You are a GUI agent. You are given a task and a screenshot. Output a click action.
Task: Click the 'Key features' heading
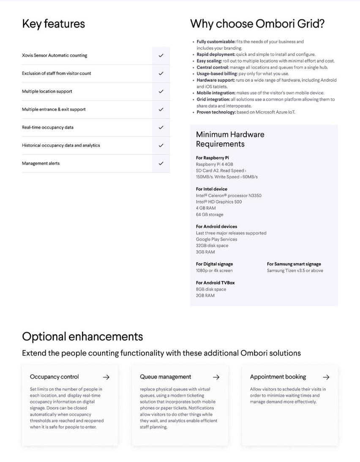[x=53, y=24]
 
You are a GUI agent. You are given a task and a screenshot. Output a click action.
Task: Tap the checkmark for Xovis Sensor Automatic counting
[x=161, y=55]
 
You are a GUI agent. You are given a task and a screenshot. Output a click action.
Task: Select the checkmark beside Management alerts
[x=161, y=164]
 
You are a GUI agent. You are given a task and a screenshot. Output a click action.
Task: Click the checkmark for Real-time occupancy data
[x=161, y=128]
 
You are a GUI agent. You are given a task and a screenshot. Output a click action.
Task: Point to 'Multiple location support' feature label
[x=47, y=91]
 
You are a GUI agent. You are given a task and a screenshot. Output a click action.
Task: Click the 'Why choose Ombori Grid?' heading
[x=257, y=24]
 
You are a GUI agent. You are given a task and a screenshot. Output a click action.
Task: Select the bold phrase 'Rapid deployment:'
[x=216, y=55]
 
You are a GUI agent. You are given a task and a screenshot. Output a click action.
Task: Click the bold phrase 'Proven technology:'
[x=216, y=112]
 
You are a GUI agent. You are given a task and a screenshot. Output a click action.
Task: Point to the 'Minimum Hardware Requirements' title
[x=230, y=139]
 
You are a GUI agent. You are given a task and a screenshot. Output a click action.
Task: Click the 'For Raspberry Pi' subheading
[x=212, y=158]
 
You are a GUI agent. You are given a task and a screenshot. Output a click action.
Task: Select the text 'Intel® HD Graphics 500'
[x=218, y=202]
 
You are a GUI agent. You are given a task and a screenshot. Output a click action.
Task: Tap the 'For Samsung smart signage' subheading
[x=294, y=264]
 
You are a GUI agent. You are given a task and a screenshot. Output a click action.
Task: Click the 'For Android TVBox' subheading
[x=215, y=283]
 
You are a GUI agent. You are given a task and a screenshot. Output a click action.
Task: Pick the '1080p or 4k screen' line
[x=214, y=271]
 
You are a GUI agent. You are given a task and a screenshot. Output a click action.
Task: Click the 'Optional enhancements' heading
[x=82, y=336]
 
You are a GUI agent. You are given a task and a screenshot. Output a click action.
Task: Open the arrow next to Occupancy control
[x=106, y=377]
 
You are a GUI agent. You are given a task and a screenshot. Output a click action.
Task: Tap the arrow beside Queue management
[x=216, y=377]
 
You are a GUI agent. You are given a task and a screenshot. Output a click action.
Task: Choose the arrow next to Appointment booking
[x=326, y=377]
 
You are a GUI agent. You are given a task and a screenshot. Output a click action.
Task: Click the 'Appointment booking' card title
[x=278, y=377]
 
